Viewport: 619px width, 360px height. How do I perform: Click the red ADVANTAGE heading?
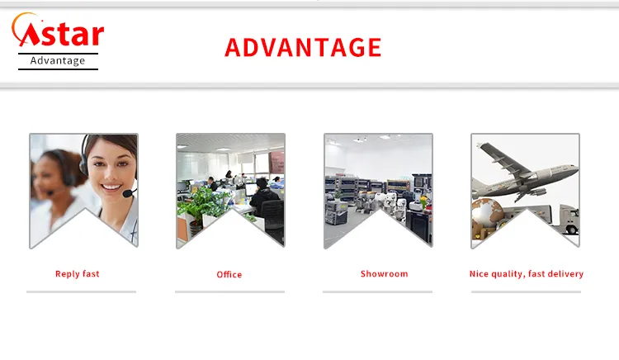(303, 47)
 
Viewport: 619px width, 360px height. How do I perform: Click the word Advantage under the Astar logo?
(58, 60)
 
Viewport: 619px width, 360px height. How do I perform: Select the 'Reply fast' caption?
(78, 273)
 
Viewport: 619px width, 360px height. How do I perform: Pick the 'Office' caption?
(229, 274)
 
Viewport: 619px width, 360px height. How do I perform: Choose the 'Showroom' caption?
(384, 273)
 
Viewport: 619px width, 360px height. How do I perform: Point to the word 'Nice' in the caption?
(480, 273)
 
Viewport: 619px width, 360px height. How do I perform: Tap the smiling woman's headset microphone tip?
(127, 194)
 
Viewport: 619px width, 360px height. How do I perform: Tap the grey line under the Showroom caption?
(377, 291)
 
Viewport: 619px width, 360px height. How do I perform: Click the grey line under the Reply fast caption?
(81, 291)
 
